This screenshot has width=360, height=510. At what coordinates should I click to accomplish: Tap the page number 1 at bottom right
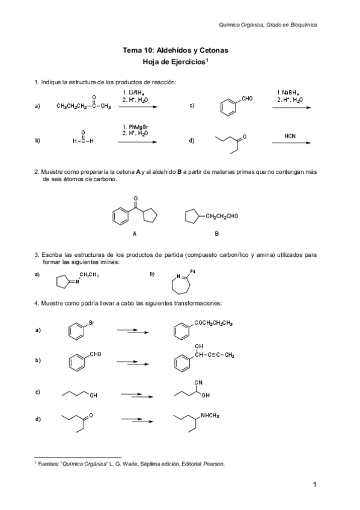point(314,484)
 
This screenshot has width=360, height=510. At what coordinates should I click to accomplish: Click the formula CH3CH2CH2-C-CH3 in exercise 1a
point(84,106)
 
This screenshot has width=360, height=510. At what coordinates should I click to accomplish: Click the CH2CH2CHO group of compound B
point(222,216)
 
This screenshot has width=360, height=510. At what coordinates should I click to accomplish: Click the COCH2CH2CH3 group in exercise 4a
point(213,324)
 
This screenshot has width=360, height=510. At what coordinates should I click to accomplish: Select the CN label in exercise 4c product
point(198,382)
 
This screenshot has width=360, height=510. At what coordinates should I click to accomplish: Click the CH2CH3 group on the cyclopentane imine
point(89,275)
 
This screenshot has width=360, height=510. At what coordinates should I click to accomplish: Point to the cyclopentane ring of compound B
point(192,217)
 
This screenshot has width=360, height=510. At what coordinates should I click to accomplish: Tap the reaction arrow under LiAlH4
point(138,106)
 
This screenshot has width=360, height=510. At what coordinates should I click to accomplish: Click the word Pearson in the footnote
point(213,464)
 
